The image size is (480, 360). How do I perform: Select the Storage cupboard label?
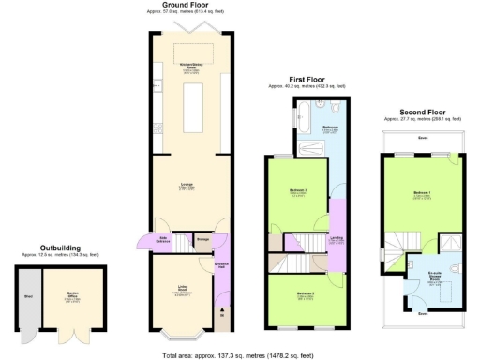coord(202,240)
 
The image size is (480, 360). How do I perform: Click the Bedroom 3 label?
coord(305,295)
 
